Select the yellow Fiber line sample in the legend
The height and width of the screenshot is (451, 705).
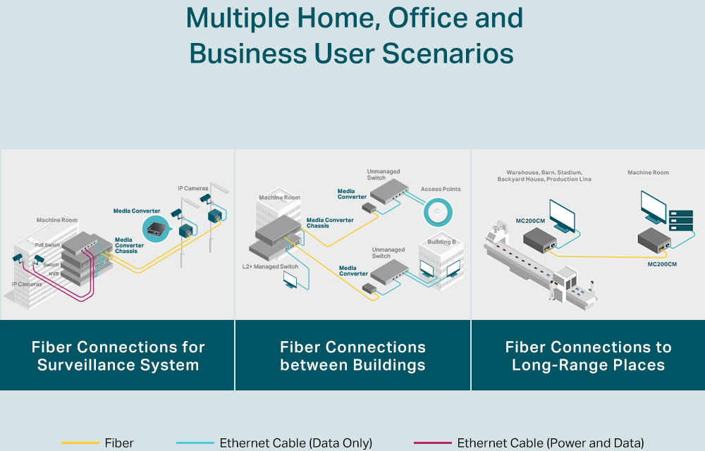pos(80,443)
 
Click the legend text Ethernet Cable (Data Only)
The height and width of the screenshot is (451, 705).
pos(295,443)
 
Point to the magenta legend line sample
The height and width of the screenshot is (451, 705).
pos(432,443)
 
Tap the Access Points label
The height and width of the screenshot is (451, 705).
pos(441,189)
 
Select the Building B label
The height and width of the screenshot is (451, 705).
pos(441,242)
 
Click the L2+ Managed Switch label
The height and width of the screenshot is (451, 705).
pos(270,267)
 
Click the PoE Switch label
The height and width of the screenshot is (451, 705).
pos(48,245)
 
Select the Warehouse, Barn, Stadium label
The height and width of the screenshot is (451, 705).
pos(544,172)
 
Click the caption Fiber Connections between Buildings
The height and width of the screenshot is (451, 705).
pos(352,356)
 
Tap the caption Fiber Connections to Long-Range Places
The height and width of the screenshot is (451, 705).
pos(588,356)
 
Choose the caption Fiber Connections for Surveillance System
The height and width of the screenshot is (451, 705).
pos(118,356)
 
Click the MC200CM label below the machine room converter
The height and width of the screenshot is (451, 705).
pos(662,264)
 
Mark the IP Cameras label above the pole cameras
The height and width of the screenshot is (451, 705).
pos(192,188)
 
